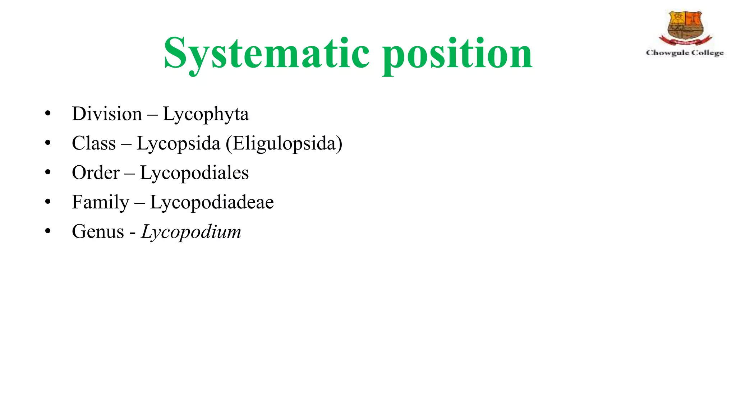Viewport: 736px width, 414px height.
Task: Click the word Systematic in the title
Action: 266,53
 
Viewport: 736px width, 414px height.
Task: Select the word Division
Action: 107,114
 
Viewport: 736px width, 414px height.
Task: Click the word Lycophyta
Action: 206,115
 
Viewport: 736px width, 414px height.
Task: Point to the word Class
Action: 94,143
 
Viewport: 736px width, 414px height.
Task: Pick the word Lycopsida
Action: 178,144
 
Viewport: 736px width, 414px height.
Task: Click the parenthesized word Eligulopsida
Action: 284,144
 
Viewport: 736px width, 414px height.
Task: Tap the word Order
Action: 96,173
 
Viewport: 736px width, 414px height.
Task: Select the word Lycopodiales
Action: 194,173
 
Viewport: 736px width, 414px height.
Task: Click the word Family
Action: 100,202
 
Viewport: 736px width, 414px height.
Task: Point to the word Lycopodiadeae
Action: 212,202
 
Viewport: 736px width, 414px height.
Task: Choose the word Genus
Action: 98,232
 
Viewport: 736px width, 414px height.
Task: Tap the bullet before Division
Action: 48,114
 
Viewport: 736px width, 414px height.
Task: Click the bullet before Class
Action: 48,143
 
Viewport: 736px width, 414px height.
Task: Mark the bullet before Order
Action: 48,173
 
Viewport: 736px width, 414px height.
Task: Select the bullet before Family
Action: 48,202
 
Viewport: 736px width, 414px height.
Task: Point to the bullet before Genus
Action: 48,232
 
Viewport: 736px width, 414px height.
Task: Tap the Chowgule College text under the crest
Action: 685,53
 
